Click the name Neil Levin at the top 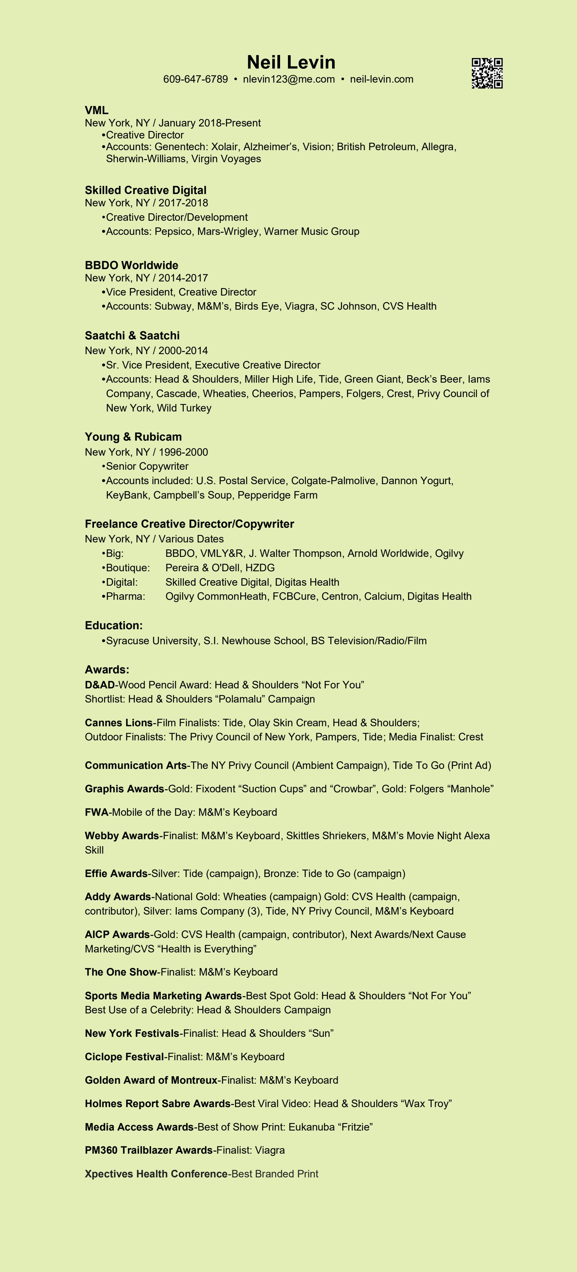coord(291,62)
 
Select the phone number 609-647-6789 coord(196,80)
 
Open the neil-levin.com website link coord(381,80)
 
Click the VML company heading coord(96,110)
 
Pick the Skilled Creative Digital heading coord(146,190)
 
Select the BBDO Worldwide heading coord(131,265)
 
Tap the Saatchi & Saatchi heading coord(132,336)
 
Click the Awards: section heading coord(107,669)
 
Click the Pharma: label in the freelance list coord(126,597)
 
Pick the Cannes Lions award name coord(119,723)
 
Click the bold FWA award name coord(96,812)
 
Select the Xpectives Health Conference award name coord(156,1174)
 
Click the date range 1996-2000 coord(183,452)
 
